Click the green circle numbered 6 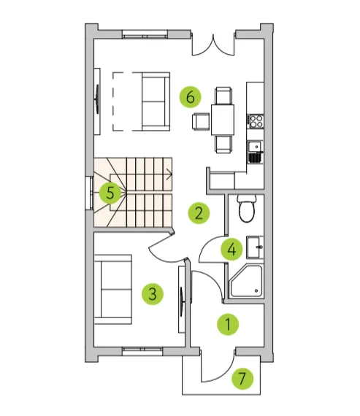click(190, 96)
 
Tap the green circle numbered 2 click(199, 213)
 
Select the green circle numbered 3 click(153, 293)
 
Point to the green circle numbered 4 click(231, 250)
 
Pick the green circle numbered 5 click(110, 193)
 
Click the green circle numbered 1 click(228, 324)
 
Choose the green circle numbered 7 click(242, 379)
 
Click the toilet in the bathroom click(247, 209)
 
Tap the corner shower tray click(246, 281)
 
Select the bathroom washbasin click(255, 247)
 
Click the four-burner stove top click(255, 121)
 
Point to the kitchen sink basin click(254, 146)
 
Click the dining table click(223, 120)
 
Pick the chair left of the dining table click(201, 121)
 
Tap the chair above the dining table click(223, 96)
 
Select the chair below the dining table click(223, 145)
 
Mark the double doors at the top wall click(213, 45)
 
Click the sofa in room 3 click(113, 290)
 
